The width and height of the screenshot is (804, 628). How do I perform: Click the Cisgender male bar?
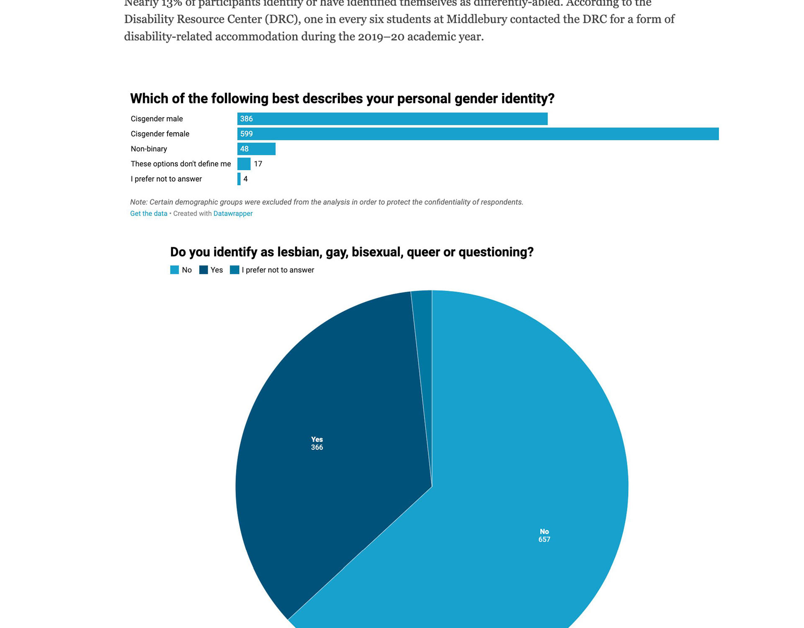[392, 119]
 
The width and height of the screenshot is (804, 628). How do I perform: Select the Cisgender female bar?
[478, 134]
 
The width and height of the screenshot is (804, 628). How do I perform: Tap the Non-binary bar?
[256, 149]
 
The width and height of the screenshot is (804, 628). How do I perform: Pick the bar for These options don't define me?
[244, 164]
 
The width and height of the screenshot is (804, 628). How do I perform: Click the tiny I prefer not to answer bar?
[239, 179]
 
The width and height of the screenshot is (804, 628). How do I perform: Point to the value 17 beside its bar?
[258, 164]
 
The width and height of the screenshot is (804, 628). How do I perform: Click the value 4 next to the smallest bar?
[246, 179]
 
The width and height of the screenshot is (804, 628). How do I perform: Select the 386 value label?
[246, 119]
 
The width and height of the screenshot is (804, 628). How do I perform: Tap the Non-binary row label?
[149, 149]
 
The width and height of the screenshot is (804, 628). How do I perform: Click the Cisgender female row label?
[160, 134]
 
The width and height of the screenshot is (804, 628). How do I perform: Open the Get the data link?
[149, 213]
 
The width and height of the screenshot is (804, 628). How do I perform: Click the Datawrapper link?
[233, 213]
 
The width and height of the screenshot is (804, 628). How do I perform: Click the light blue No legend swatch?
[175, 270]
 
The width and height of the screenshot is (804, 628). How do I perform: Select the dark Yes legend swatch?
[204, 270]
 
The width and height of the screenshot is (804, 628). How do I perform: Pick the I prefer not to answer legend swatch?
[234, 270]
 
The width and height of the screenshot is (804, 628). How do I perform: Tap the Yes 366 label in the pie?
[317, 443]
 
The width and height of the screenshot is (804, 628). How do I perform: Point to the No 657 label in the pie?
[544, 536]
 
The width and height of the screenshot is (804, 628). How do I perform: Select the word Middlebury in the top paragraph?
[476, 19]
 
